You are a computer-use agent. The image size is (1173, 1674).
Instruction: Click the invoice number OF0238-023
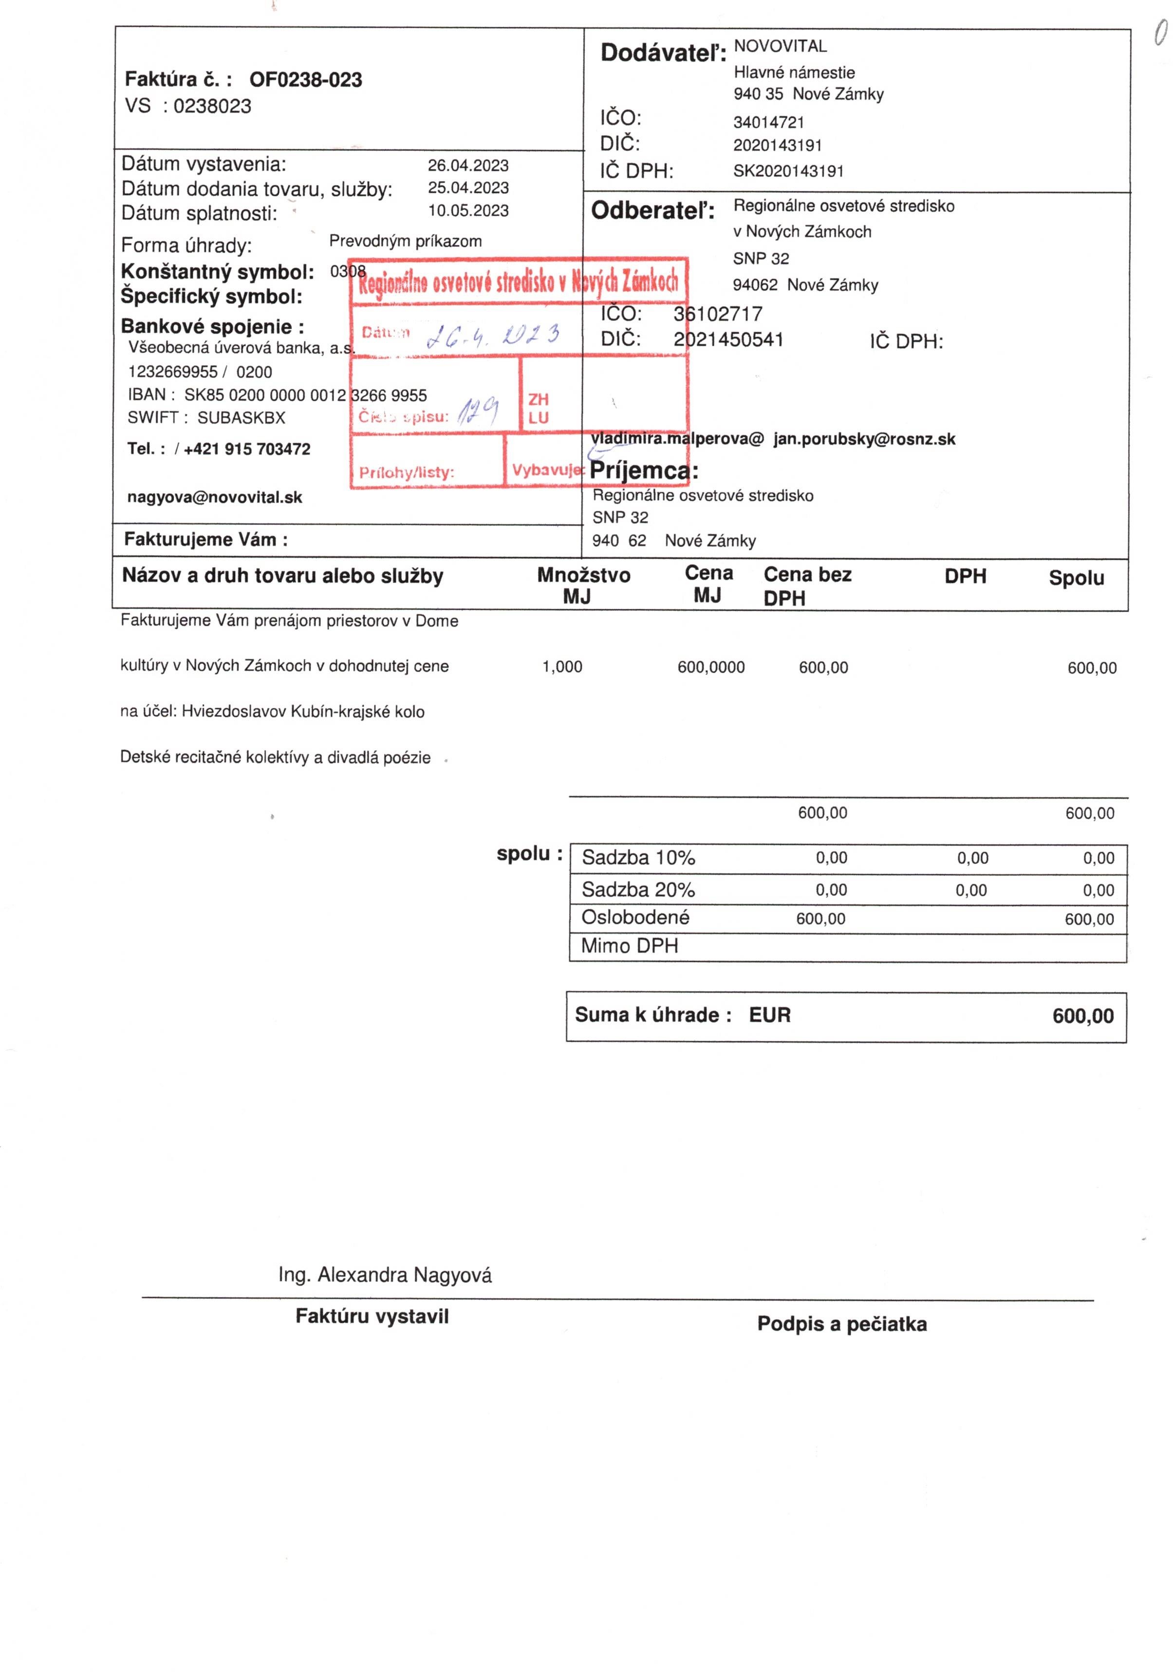(x=305, y=79)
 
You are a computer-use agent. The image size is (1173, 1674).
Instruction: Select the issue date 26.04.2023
(x=468, y=166)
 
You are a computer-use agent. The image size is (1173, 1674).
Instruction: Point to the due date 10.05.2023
(x=468, y=211)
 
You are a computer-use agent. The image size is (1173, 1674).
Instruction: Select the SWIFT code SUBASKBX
(x=242, y=418)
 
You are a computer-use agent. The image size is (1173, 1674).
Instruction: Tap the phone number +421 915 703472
(x=247, y=449)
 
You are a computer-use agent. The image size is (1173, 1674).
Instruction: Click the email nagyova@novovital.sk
(x=214, y=497)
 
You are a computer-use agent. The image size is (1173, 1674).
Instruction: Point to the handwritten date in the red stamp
(x=493, y=335)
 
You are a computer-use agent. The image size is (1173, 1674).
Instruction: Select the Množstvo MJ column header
(x=583, y=585)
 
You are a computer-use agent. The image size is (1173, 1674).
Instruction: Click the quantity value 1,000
(x=562, y=666)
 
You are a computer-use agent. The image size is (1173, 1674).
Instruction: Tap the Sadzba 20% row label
(x=638, y=889)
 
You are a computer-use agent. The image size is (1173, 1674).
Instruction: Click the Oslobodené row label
(x=635, y=917)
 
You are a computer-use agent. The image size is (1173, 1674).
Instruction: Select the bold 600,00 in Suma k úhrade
(x=1082, y=1016)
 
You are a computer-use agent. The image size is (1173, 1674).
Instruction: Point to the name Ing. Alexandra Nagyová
(x=385, y=1275)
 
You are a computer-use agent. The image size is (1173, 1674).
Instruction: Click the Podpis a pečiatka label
(x=842, y=1324)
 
